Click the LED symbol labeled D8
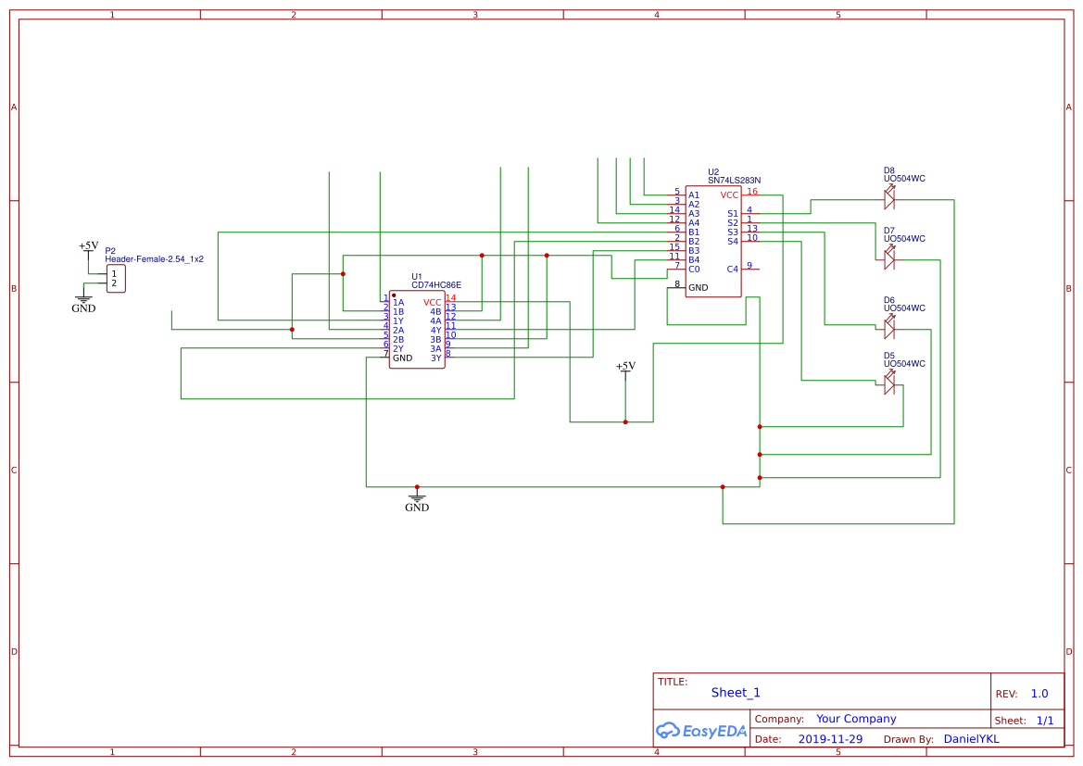coord(889,197)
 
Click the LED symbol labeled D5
coord(889,383)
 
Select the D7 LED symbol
coord(889,259)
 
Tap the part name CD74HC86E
coord(436,285)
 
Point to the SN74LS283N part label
coord(734,181)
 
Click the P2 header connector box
coord(115,278)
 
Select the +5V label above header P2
coord(88,245)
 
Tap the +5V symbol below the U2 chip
coord(625,367)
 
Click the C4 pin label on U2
coord(732,269)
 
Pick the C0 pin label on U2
coord(693,269)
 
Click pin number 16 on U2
coord(752,192)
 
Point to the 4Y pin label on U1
coord(435,330)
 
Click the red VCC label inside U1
coord(433,302)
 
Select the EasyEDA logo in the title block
coord(701,730)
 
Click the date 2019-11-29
coord(830,739)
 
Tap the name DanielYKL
coord(971,739)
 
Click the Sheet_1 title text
coord(736,692)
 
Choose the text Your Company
coord(856,719)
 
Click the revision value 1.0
coord(1039,693)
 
